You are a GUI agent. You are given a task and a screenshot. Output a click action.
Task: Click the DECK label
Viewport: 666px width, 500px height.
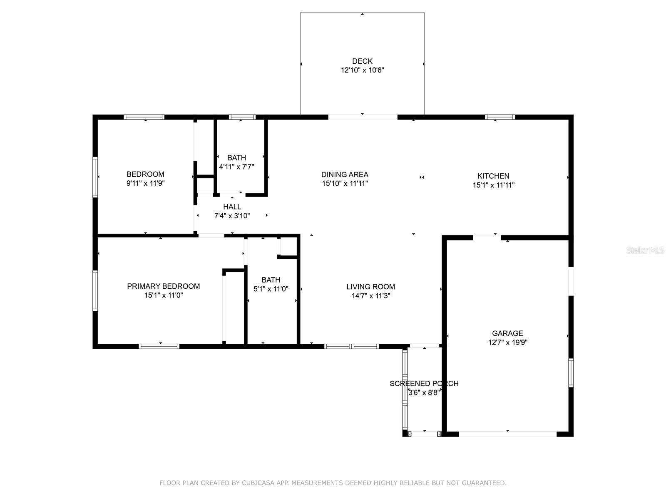(362, 61)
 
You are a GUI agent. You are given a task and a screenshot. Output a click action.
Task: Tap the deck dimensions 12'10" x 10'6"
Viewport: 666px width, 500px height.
(362, 70)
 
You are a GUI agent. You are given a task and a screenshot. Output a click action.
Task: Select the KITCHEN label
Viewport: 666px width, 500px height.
(493, 176)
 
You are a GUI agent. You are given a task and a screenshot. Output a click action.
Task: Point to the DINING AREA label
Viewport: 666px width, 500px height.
(345, 175)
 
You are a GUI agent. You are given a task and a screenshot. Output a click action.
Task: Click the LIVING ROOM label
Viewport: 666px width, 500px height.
(371, 287)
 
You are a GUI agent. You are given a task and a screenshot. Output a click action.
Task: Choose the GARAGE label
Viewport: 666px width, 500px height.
(507, 333)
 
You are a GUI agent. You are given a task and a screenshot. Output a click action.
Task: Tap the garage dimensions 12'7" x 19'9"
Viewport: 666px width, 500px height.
(507, 342)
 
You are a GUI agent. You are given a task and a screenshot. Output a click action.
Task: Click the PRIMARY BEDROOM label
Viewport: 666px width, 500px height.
(163, 286)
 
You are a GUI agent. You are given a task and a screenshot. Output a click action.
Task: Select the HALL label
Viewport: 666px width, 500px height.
(232, 207)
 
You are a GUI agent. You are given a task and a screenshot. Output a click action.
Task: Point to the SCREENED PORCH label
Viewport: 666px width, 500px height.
(424, 384)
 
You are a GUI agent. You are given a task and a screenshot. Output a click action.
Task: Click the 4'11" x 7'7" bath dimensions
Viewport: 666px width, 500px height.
(236, 167)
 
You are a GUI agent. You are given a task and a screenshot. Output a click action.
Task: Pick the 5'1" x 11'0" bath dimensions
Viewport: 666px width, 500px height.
(271, 289)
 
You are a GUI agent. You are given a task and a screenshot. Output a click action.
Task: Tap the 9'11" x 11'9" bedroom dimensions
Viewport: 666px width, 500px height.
(145, 183)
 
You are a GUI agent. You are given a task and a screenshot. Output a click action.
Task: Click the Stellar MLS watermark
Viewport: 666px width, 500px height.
(645, 250)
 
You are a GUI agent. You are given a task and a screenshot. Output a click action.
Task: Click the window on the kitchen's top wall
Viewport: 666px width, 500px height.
(500, 117)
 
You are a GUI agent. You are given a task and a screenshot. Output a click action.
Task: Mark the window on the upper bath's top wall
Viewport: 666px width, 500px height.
(242, 117)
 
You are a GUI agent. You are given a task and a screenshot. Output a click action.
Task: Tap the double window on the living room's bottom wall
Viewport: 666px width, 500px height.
(352, 346)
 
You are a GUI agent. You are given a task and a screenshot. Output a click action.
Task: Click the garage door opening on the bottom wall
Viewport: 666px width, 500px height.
(507, 434)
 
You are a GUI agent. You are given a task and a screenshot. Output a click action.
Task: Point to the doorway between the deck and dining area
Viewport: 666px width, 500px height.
(363, 117)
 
